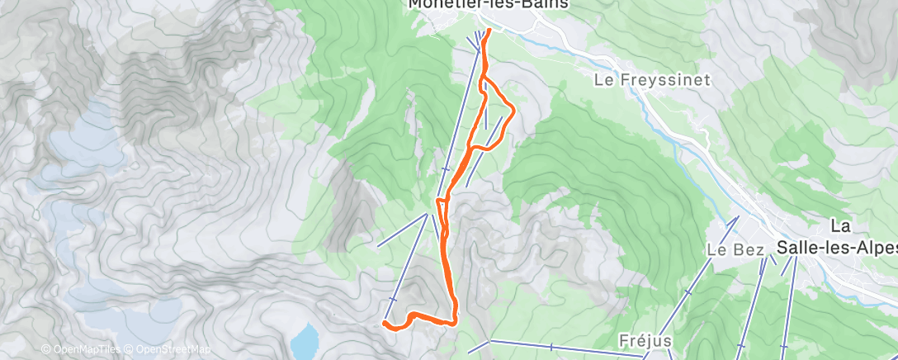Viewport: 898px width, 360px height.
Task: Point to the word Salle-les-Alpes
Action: click(x=836, y=246)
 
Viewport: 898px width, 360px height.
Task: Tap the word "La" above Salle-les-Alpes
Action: click(x=840, y=225)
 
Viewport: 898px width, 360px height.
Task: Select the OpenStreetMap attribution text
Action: click(x=171, y=350)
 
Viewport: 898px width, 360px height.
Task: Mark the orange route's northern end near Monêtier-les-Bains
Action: click(x=487, y=31)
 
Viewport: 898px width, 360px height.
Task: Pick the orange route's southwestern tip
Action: click(x=385, y=324)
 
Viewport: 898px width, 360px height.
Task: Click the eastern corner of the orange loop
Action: click(x=514, y=109)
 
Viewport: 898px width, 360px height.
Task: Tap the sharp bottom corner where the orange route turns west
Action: click(x=455, y=322)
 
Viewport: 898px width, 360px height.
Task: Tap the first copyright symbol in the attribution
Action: click(x=46, y=350)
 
